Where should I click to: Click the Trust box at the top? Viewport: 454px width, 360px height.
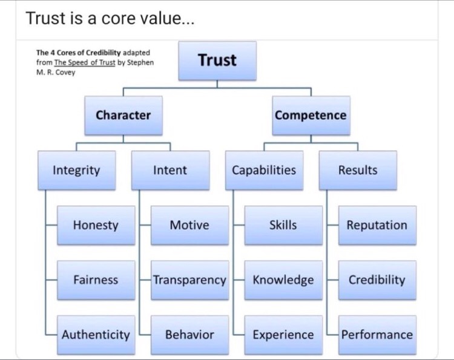(x=217, y=61)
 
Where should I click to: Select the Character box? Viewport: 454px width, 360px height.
(x=123, y=115)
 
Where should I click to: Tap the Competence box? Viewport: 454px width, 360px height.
(x=311, y=115)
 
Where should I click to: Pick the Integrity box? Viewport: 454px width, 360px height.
(x=76, y=170)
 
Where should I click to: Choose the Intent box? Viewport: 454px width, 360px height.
(x=170, y=170)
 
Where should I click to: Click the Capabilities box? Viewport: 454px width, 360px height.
(x=264, y=170)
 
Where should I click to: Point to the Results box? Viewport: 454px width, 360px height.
(x=358, y=170)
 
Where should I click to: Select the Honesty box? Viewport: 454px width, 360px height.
(x=96, y=225)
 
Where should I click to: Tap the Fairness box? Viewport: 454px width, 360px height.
(x=96, y=280)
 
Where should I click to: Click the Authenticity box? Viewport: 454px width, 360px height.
(x=96, y=335)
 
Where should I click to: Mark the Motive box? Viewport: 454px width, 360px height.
(x=189, y=225)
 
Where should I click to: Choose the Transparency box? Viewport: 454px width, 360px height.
(x=189, y=280)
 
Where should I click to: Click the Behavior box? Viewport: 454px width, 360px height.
(x=189, y=335)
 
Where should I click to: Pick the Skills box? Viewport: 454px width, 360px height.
(x=283, y=225)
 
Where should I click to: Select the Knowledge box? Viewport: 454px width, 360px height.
(x=283, y=280)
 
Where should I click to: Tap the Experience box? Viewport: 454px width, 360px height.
(x=283, y=335)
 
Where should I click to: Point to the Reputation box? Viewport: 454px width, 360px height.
(x=377, y=225)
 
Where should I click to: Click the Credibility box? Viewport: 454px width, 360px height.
(x=377, y=280)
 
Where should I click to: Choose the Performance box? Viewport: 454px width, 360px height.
(x=377, y=335)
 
